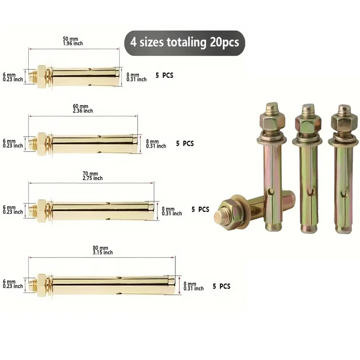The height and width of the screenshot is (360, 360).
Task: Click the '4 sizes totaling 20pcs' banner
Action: pos(184,43)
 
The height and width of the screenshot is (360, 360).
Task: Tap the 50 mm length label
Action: pos(73,41)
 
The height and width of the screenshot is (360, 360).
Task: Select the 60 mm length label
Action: pos(83,108)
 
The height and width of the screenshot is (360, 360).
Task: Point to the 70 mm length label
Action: pos(93,176)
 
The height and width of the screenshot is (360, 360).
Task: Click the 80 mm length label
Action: pos(103,250)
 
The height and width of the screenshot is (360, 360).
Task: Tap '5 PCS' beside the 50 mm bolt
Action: pos(164,75)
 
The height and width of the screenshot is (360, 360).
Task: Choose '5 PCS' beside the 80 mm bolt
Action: pos(221,286)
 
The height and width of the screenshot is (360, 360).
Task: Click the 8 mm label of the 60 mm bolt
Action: pos(156,144)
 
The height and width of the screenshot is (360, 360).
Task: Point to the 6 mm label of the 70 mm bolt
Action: pos(13,210)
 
